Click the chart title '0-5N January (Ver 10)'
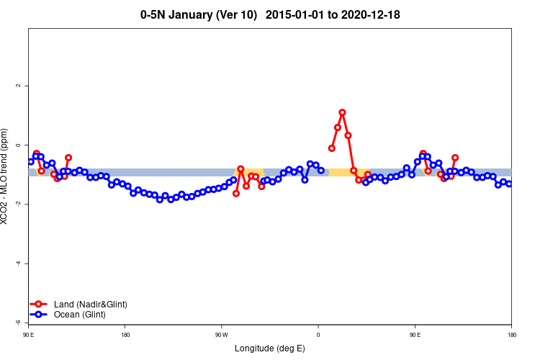pyautogui.click(x=199, y=14)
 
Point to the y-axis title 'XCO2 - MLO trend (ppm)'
pyautogui.click(x=6, y=176)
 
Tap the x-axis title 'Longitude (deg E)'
pyautogui.click(x=270, y=348)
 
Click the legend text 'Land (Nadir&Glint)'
pyautogui.click(x=90, y=305)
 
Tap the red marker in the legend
pyautogui.click(x=39, y=305)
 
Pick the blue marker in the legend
pyautogui.click(x=39, y=315)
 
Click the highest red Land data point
pyautogui.click(x=342, y=112)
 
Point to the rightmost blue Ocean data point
pyautogui.click(x=509, y=184)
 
